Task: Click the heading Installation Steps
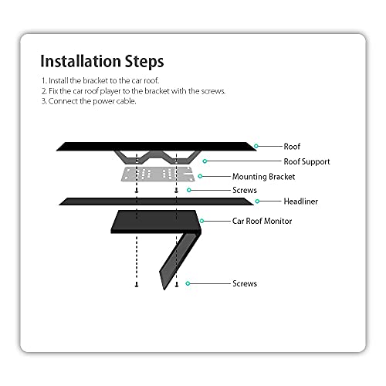102,61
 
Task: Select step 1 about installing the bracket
100,80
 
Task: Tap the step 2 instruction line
134,91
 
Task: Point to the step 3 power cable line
89,101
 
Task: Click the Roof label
292,147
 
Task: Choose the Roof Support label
306,161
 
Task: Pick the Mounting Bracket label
263,177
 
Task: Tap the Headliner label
300,201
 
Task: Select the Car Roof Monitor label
262,221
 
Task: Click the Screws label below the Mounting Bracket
245,190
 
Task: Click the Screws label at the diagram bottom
245,283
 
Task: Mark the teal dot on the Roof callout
256,146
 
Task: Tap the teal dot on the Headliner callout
257,201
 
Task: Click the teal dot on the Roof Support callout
205,161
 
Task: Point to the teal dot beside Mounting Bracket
200,176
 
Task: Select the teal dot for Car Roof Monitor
201,221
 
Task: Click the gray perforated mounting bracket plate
158,174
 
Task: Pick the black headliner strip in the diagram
156,201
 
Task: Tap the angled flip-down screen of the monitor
180,260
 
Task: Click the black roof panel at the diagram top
156,147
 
